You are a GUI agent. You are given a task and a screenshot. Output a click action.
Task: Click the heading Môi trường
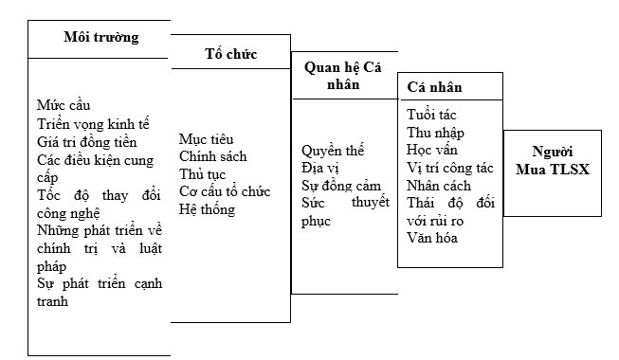pos(100,38)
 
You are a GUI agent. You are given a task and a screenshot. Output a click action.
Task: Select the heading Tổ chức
pos(230,53)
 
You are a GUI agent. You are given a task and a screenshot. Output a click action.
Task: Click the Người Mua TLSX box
pos(558,162)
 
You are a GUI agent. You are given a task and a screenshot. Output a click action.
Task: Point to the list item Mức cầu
pos(64,104)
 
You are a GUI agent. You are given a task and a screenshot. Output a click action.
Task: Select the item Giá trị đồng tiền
pos(87,141)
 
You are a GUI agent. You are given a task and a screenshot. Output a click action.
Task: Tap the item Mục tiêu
pos(206,139)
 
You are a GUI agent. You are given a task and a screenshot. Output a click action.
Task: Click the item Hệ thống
pos(207,208)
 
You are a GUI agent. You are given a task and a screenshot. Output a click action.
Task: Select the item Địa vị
pos(320,168)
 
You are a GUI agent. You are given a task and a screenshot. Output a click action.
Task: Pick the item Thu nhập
pos(436,133)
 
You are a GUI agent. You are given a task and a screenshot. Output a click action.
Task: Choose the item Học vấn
pos(433,150)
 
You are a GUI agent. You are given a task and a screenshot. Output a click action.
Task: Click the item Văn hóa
pos(432,238)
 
